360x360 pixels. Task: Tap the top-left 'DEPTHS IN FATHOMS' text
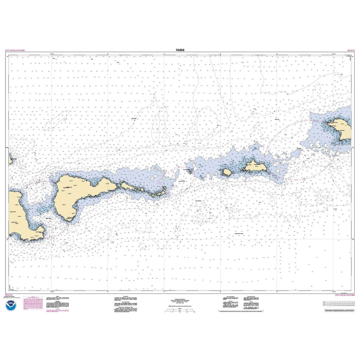[15, 51]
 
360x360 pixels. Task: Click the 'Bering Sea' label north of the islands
[134, 118]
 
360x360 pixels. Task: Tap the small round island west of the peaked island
[227, 172]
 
